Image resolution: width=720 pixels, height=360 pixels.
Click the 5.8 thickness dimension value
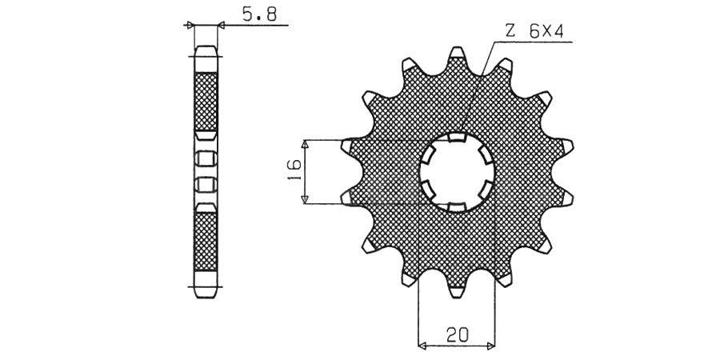click(259, 15)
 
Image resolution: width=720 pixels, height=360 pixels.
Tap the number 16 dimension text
click(294, 170)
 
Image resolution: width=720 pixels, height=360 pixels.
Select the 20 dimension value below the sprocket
click(457, 334)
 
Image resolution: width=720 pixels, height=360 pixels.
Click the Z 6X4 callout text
click(534, 31)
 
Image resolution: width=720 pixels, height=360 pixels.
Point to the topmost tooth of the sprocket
click(457, 54)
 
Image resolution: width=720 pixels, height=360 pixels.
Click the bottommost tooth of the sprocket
click(457, 291)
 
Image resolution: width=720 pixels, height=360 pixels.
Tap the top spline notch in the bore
click(457, 138)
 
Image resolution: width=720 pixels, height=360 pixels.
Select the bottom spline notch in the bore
click(457, 207)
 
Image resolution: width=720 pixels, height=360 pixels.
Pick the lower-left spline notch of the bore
click(428, 189)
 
